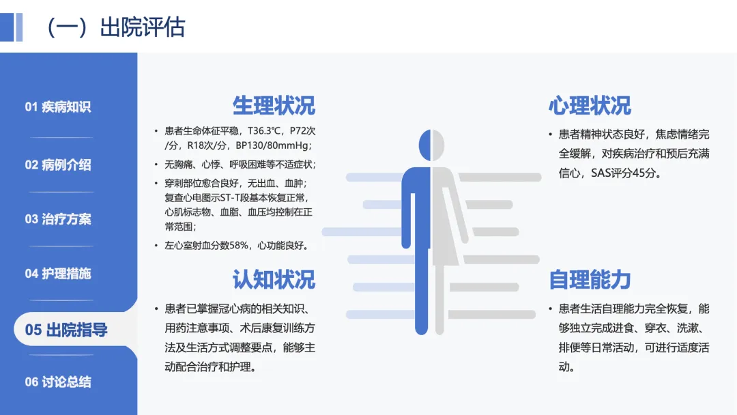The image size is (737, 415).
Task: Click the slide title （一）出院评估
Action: tap(116, 27)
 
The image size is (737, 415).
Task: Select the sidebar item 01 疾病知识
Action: tap(58, 106)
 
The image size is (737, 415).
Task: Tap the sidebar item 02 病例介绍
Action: tap(58, 164)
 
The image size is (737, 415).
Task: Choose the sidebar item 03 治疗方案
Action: tap(58, 219)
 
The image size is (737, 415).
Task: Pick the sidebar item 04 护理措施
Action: tap(58, 274)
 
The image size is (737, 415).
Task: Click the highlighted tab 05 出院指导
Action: tap(66, 330)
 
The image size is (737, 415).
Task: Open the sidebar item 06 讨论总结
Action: tap(58, 382)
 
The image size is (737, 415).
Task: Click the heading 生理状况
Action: tap(274, 106)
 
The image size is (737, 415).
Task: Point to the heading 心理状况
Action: tap(590, 106)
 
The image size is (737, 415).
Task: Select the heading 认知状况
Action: tap(274, 279)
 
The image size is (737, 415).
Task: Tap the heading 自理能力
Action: tap(590, 279)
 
